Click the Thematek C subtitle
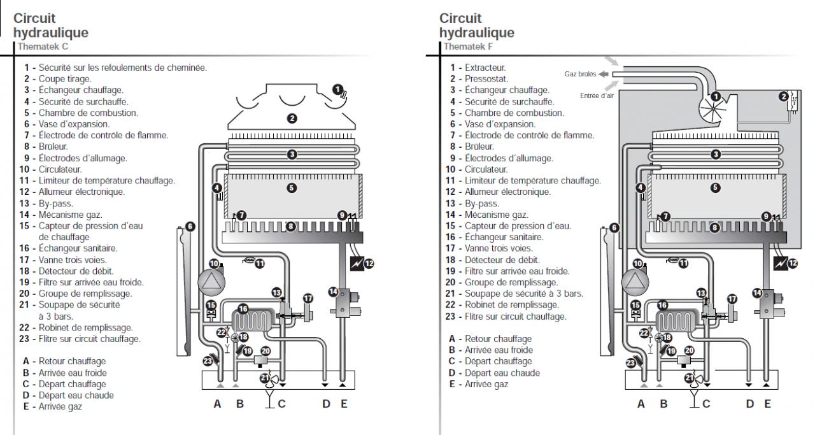(43, 46)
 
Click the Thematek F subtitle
(468, 46)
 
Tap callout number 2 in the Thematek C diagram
(292, 118)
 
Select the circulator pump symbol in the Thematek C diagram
(211, 282)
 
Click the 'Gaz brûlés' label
(580, 75)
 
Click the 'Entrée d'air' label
(597, 96)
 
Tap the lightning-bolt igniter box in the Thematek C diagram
(357, 264)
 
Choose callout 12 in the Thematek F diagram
(793, 263)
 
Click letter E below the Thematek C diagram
(344, 404)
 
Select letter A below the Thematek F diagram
(641, 404)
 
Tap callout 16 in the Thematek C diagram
(243, 309)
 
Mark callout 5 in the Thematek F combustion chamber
(715, 188)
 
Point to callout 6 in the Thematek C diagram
(190, 227)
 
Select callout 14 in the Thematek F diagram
(757, 293)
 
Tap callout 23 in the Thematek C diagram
(208, 361)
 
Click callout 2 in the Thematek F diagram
(784, 96)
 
